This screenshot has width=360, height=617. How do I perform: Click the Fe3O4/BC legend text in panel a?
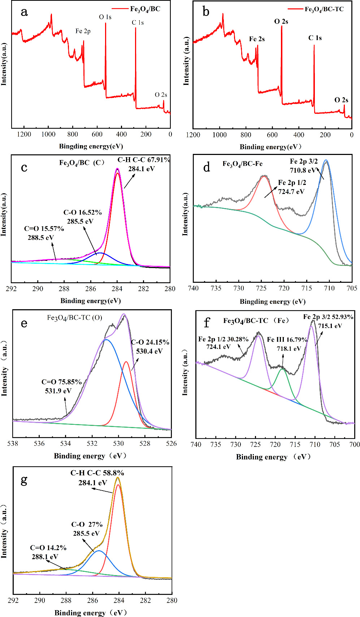point(145,9)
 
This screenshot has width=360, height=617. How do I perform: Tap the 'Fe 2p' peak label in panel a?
point(83,31)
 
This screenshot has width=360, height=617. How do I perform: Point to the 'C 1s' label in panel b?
point(315,38)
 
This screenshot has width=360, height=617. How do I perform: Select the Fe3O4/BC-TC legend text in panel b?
point(324,9)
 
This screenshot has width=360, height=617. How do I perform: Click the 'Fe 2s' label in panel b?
point(257,39)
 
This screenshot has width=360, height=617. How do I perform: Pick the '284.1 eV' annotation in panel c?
point(141,168)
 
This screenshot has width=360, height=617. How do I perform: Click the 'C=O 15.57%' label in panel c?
point(44,229)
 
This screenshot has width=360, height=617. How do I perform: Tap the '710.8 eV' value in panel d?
point(303,170)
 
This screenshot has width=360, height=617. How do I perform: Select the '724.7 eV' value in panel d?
point(291,192)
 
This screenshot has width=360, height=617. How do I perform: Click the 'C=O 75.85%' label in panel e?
point(61,382)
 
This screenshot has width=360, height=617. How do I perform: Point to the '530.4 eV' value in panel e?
point(149,351)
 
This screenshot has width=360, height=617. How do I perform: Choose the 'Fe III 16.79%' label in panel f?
point(287,340)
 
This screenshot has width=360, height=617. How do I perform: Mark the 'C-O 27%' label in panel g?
point(87,525)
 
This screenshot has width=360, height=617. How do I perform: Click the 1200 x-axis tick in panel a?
point(24,134)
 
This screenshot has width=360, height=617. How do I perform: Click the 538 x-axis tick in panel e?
point(13,444)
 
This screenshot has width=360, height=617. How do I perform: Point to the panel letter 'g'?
point(24,480)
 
